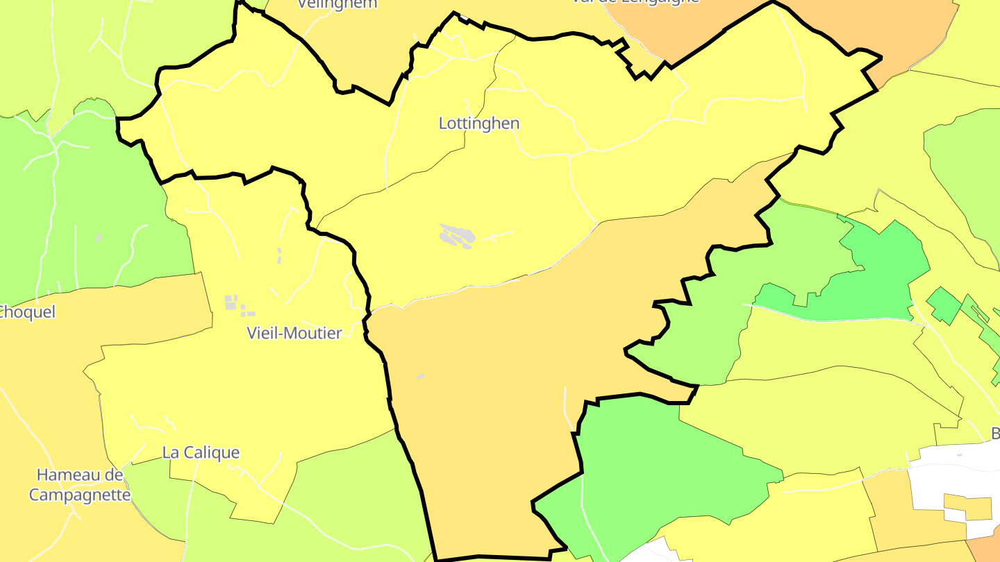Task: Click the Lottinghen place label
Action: pyautogui.click(x=479, y=124)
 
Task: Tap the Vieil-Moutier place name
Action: pyautogui.click(x=294, y=333)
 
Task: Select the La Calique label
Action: pyautogui.click(x=201, y=452)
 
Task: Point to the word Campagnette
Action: pyautogui.click(x=80, y=495)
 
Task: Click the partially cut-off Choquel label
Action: pyautogui.click(x=26, y=312)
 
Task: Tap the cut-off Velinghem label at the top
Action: pyautogui.click(x=337, y=4)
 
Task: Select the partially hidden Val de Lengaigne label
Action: pyautogui.click(x=635, y=2)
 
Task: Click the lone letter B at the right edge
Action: pyautogui.click(x=995, y=434)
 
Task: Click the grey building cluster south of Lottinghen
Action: pyautogui.click(x=458, y=237)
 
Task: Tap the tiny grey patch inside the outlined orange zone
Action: pyautogui.click(x=420, y=377)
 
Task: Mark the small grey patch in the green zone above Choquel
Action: pyautogui.click(x=99, y=238)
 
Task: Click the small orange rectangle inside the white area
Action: pyautogui.click(x=968, y=507)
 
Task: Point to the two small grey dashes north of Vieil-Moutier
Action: pyautogui.click(x=280, y=255)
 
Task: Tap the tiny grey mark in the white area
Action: pyautogui.click(x=959, y=455)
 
